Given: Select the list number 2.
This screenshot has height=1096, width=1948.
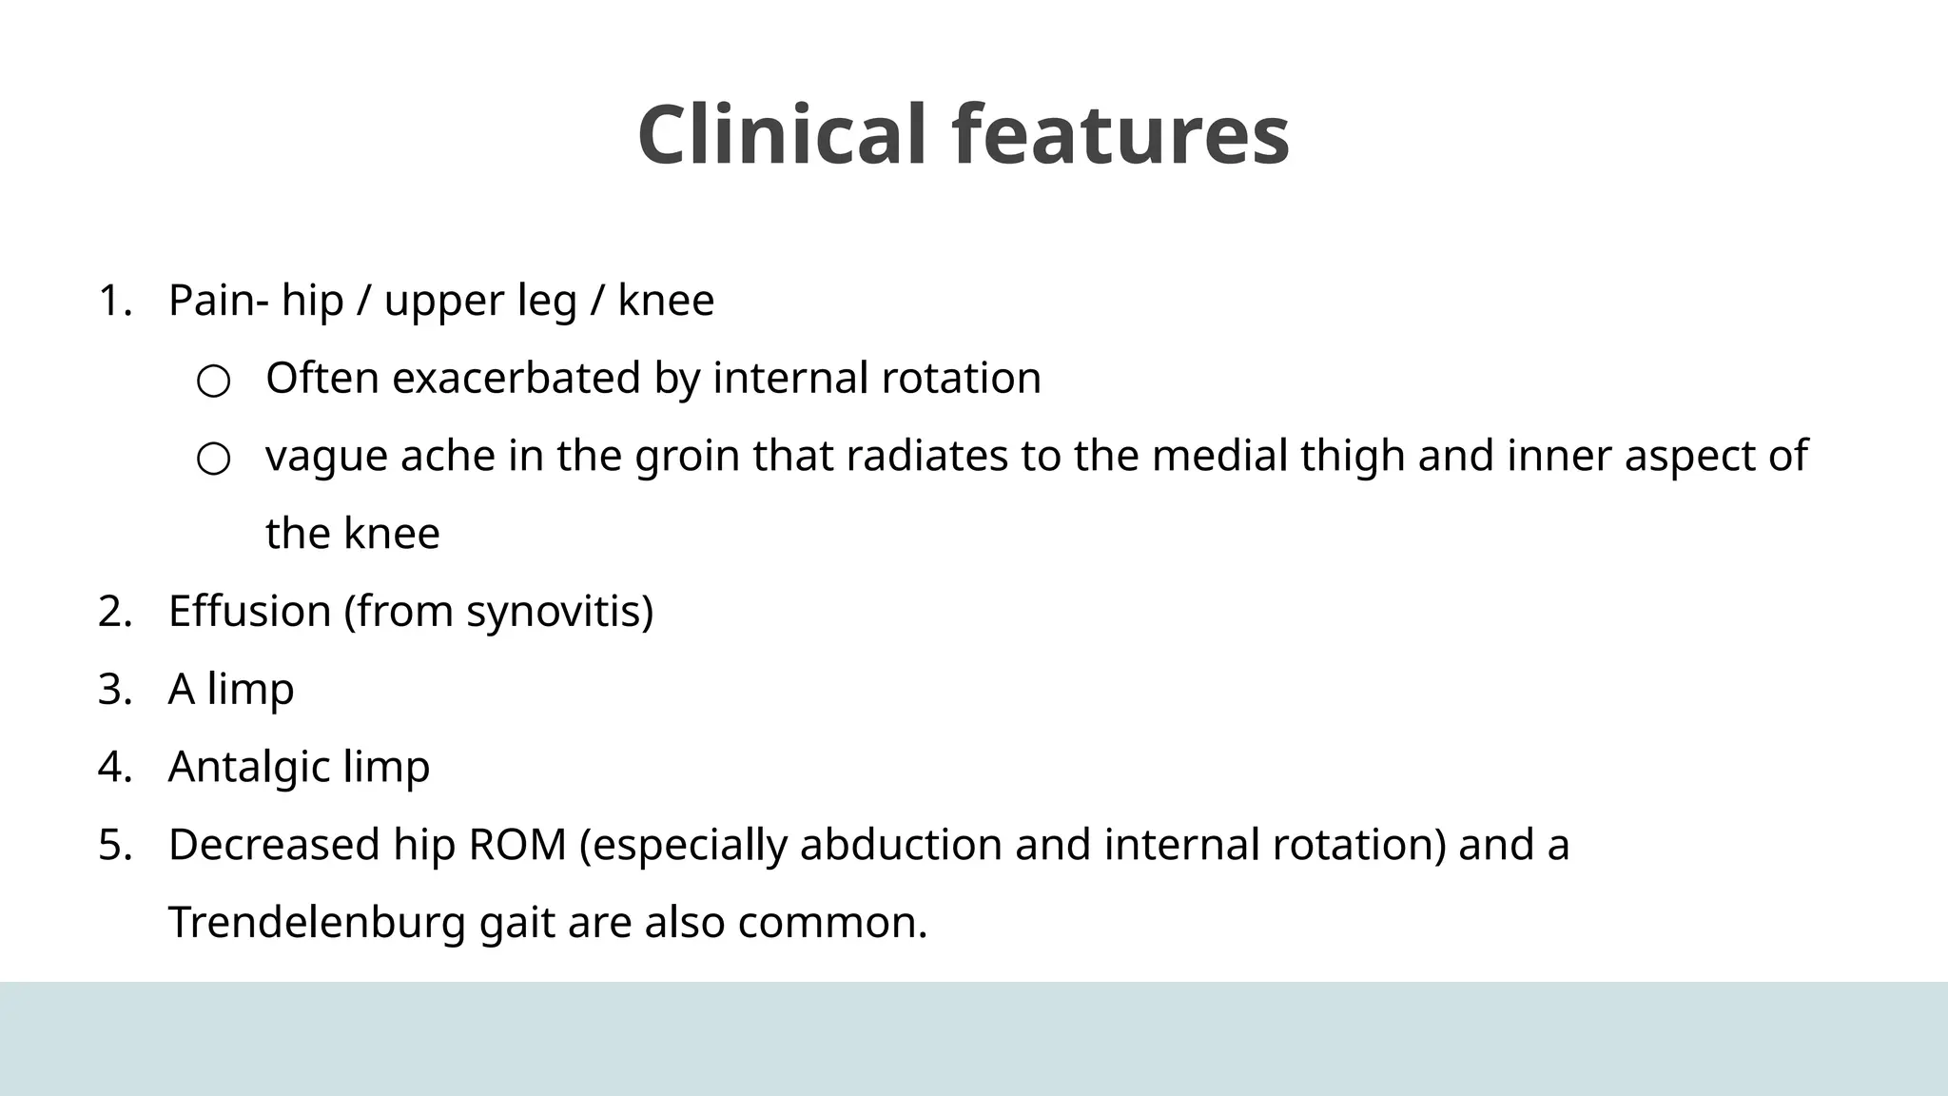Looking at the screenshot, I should pos(114,612).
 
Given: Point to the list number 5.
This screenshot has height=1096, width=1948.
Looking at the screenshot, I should pos(114,845).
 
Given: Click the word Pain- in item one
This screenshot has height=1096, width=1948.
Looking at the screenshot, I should pos(219,301).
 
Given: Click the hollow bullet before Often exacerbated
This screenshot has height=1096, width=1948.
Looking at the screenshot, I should pos(213,382).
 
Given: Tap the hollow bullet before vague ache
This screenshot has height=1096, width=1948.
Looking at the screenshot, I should pos(213,460).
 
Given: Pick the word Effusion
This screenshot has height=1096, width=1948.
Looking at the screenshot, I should pos(249,612).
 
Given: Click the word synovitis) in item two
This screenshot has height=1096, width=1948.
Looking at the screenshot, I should pos(559,612).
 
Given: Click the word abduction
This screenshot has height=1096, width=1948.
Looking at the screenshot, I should pos(900,845).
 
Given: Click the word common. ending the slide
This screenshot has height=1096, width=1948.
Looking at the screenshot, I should pos(831,923).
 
